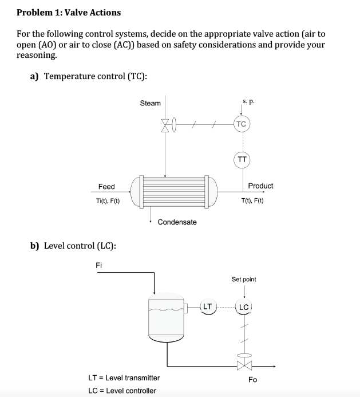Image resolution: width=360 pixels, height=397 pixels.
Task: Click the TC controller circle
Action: click(x=241, y=124)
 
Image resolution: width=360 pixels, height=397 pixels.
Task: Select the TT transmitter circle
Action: click(x=241, y=160)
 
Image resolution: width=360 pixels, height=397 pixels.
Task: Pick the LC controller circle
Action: click(x=244, y=308)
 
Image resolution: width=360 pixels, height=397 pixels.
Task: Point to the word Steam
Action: click(x=151, y=103)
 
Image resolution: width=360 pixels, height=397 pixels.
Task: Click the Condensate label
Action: click(x=177, y=222)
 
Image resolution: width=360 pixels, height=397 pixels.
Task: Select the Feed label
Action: click(x=106, y=187)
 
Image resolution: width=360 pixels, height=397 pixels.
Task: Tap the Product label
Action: click(x=260, y=186)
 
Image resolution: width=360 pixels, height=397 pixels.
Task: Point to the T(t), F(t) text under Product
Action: click(x=252, y=201)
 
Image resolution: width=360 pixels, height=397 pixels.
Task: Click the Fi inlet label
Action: click(x=99, y=265)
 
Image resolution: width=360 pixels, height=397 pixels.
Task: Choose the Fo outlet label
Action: click(x=252, y=380)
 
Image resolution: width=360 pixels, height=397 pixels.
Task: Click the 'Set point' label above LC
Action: click(x=244, y=280)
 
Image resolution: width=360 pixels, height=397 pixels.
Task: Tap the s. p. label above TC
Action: click(x=247, y=102)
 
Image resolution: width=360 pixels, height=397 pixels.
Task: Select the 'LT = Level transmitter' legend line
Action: click(x=124, y=378)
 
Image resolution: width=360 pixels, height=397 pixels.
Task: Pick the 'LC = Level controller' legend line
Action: click(x=122, y=391)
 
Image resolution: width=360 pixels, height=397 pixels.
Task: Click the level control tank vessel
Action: click(x=167, y=318)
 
